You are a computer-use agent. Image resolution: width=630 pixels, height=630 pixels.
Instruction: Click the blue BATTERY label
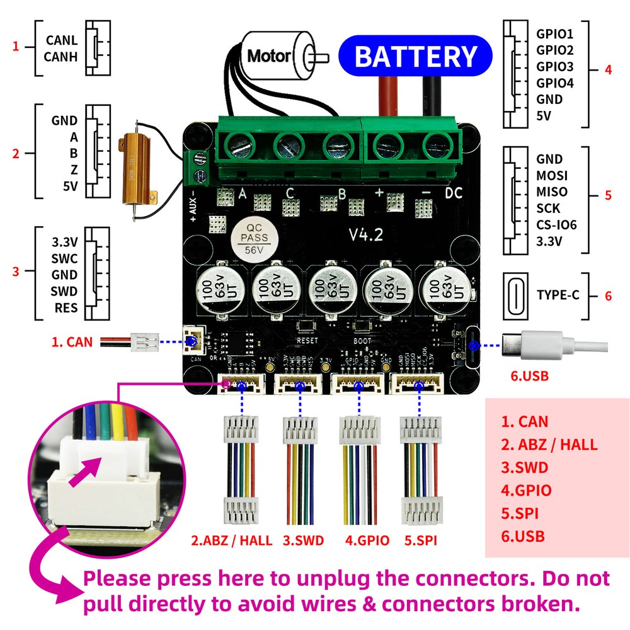(x=415, y=56)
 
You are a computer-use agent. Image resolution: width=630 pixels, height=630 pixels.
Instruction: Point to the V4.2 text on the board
(x=367, y=234)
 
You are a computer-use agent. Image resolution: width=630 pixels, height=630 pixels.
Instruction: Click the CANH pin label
(x=61, y=57)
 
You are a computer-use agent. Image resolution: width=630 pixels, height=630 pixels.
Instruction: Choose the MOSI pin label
(x=552, y=176)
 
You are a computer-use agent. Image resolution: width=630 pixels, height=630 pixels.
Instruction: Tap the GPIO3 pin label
(x=555, y=67)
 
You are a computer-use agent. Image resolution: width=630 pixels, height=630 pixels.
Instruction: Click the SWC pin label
(x=64, y=258)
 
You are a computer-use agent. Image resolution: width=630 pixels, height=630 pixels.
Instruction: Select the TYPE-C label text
(x=558, y=295)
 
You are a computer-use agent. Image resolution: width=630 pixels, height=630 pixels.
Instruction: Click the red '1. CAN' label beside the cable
(x=71, y=343)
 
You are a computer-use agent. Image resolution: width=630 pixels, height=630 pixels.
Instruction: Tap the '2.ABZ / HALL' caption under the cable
(x=232, y=540)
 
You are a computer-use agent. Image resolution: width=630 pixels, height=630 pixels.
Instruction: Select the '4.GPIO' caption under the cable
(x=367, y=540)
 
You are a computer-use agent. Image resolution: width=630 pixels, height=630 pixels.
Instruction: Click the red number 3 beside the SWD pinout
(x=16, y=272)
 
